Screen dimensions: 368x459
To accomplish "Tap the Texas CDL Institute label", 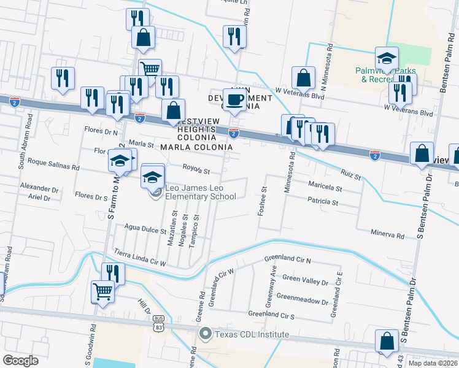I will click(250, 334).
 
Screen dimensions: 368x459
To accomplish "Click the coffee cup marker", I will click(233, 100).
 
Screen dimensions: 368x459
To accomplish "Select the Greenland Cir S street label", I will click(271, 314).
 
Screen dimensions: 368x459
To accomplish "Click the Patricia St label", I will click(323, 201).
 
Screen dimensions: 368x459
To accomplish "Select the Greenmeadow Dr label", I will click(302, 301).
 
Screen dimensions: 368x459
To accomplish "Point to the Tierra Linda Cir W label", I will click(140, 258).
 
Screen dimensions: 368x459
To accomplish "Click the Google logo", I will click(20, 361).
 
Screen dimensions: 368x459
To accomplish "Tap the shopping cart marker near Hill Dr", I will click(102, 291).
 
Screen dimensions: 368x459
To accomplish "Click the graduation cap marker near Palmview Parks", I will click(387, 58).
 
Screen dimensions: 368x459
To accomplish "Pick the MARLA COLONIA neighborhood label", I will click(196, 147).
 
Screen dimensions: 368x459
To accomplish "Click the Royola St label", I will click(196, 171).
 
